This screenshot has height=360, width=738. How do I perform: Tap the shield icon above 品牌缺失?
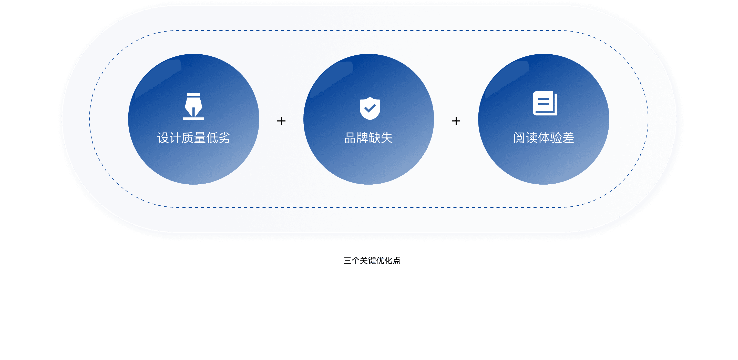click(370, 108)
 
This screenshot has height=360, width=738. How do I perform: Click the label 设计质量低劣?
click(194, 138)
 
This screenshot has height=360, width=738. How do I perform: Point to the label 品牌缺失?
click(368, 138)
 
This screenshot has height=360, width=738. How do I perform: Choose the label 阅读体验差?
click(544, 138)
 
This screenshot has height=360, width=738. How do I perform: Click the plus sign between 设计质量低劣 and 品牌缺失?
click(281, 121)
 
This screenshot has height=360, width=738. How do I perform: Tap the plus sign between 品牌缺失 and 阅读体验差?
click(456, 121)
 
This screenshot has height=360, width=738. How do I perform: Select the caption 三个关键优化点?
click(372, 261)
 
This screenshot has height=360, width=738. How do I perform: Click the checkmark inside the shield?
click(370, 108)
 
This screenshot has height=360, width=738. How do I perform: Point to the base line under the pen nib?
click(193, 118)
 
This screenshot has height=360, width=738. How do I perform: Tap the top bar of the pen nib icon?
click(193, 95)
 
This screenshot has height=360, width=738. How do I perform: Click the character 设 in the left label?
click(163, 138)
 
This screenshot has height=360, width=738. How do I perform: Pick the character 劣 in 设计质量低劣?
click(224, 138)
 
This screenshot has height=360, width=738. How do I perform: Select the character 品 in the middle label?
click(350, 138)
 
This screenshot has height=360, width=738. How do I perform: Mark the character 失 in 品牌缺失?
click(387, 138)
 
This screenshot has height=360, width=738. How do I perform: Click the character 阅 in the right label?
click(519, 138)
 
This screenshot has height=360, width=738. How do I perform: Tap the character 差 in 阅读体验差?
click(568, 138)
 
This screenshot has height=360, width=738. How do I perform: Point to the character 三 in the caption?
click(347, 261)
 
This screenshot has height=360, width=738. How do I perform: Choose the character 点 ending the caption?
click(396, 261)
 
